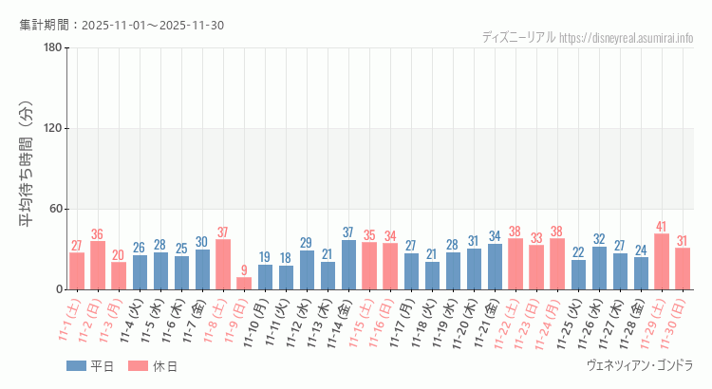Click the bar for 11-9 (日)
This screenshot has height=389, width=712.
[x=244, y=283]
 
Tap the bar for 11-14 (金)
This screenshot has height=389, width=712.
[x=348, y=265]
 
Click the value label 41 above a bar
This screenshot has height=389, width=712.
[x=662, y=227]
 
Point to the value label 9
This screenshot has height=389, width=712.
[x=244, y=270]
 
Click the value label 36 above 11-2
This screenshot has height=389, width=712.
[x=98, y=234]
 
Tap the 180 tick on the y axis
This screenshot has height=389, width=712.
[x=53, y=48]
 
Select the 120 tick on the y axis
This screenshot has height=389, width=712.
[x=53, y=129]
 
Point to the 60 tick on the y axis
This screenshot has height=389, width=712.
[x=56, y=209]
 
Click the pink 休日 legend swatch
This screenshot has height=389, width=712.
[x=138, y=366]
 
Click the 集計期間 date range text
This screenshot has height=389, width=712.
[x=122, y=25]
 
